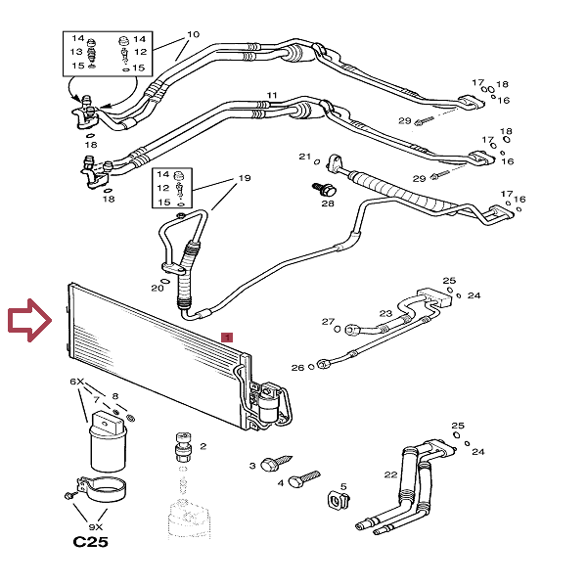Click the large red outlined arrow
(30, 320)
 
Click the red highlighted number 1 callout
(227, 338)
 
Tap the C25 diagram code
(90, 542)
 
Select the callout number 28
(328, 203)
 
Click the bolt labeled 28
(324, 189)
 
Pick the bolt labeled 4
(304, 479)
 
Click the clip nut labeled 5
(339, 501)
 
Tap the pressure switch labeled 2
(183, 447)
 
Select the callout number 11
(272, 96)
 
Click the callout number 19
(245, 178)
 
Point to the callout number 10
(193, 34)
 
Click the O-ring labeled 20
(164, 281)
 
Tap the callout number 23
(385, 313)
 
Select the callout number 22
(390, 474)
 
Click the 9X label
(96, 527)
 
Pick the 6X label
(77, 382)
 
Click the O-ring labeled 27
(337, 329)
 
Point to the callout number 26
(297, 368)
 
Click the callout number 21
(304, 157)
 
